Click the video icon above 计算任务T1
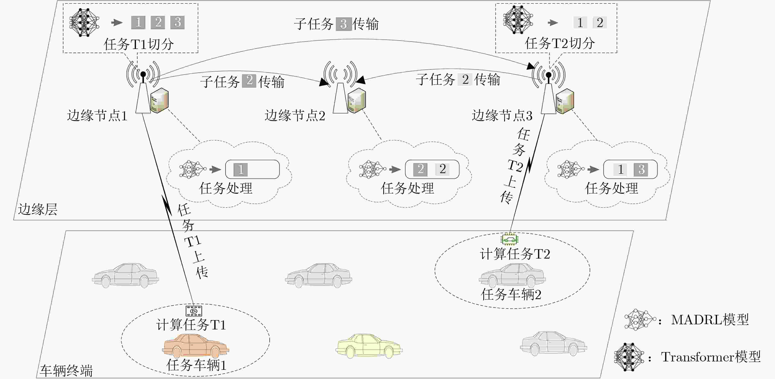point(194,311)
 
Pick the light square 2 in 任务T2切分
point(600,23)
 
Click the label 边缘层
point(38,209)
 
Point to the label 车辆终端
point(66,371)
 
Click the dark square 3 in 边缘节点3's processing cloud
point(641,169)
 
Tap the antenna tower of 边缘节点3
point(548,93)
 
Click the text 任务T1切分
point(139,44)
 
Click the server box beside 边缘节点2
point(357,100)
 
